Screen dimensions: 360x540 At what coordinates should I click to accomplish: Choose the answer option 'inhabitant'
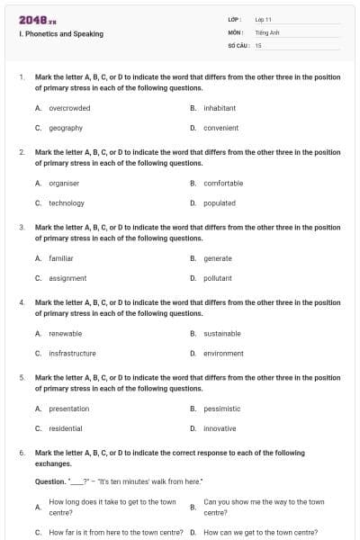coord(220,108)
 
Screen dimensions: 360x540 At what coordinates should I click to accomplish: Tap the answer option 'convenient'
coord(220,128)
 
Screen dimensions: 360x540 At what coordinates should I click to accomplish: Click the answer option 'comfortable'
coord(223,183)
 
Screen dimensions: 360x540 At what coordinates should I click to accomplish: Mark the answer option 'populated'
coord(220,202)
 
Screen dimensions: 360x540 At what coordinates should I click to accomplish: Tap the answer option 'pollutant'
coord(218,278)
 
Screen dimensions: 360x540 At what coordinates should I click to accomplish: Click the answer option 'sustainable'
coord(222,333)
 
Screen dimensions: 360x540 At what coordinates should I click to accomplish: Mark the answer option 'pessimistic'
coord(222,409)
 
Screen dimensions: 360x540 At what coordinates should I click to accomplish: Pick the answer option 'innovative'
coord(220,428)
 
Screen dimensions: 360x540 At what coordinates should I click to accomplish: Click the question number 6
coord(22,453)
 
